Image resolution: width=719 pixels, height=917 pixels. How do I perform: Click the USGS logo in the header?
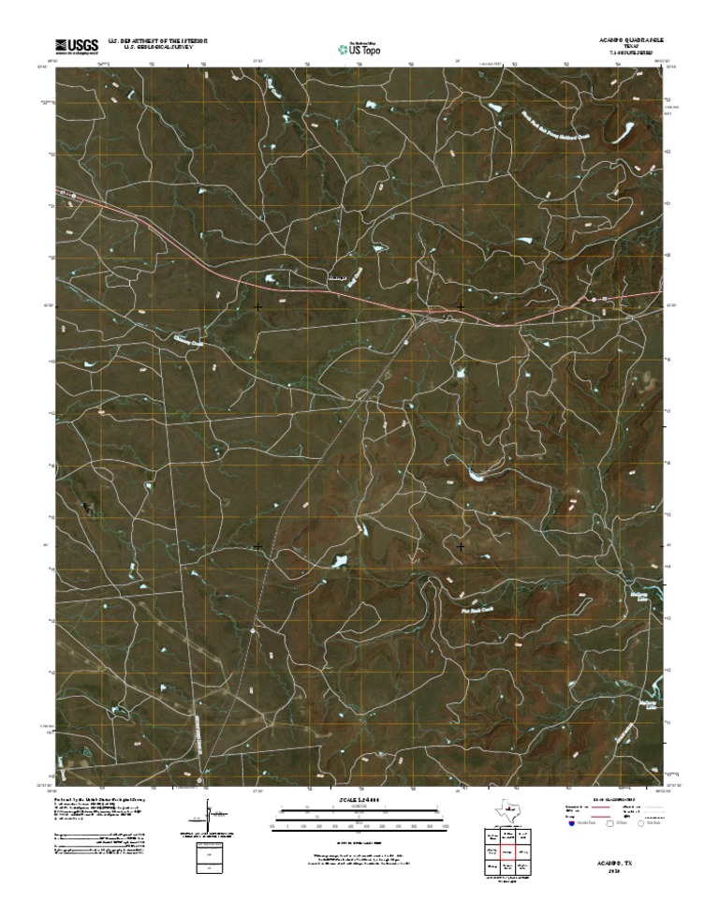(77, 45)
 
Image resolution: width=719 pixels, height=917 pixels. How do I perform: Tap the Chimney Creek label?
(187, 342)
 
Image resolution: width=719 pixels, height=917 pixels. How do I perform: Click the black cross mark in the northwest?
(257, 306)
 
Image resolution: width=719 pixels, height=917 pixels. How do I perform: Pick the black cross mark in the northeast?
(461, 306)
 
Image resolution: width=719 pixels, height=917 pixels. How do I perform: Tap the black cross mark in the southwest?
(257, 545)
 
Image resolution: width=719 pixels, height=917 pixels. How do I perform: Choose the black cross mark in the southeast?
(461, 545)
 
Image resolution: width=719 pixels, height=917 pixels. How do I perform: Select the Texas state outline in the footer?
(509, 808)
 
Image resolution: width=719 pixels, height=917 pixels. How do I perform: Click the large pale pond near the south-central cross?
(338, 562)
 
